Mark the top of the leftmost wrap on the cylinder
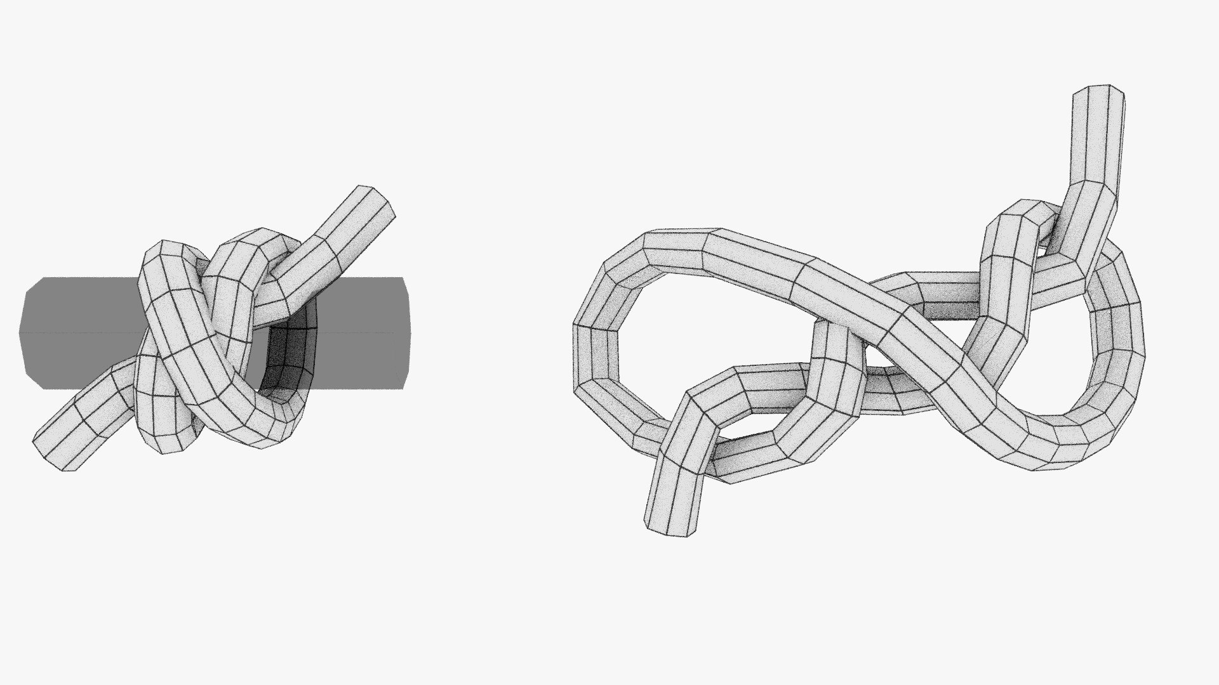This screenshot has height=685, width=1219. (x=170, y=249)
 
